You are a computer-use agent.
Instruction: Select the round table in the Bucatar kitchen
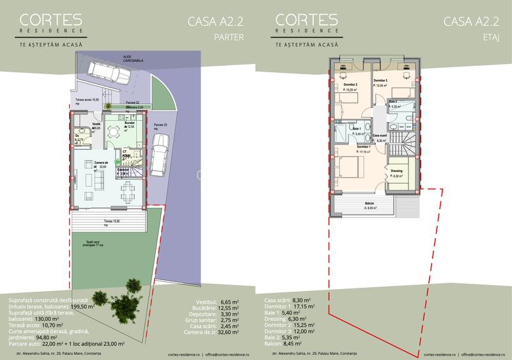(x=114, y=132)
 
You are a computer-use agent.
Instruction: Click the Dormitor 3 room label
(x=381, y=81)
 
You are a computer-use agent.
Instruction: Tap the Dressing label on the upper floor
(x=396, y=171)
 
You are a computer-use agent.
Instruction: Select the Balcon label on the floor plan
(x=369, y=204)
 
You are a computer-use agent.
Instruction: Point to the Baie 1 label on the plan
(x=356, y=130)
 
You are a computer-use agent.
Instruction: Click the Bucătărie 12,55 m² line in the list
(x=214, y=307)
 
